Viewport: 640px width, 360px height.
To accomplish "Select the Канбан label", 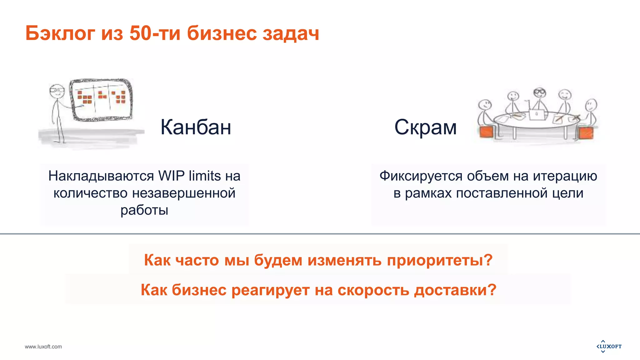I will click(196, 127).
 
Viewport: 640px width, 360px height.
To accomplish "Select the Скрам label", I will click(425, 127).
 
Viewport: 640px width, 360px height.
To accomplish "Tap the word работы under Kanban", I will click(144, 210).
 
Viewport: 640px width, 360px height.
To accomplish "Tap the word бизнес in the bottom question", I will click(199, 290).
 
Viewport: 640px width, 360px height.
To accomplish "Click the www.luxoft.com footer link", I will click(43, 347).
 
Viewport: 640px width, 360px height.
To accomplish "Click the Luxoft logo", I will click(609, 346).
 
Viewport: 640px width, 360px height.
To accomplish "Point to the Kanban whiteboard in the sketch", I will click(101, 99).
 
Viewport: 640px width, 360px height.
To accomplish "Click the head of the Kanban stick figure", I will click(57, 91).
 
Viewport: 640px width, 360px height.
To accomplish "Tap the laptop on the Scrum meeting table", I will click(536, 114).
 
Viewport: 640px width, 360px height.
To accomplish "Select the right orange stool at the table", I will click(585, 133).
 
